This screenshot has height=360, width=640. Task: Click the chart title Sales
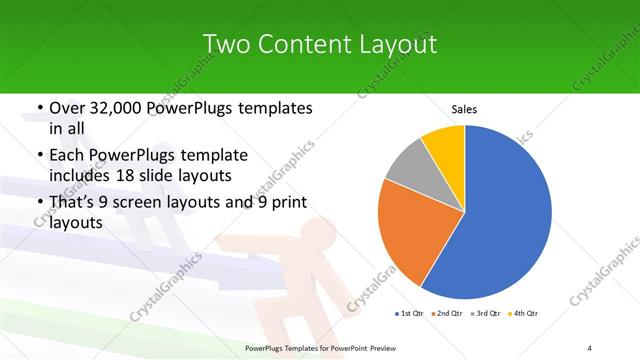coord(464,108)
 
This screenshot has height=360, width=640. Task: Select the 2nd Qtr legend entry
coord(447,314)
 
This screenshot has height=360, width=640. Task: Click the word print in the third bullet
coord(289,202)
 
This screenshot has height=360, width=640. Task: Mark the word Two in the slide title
coord(222,44)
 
